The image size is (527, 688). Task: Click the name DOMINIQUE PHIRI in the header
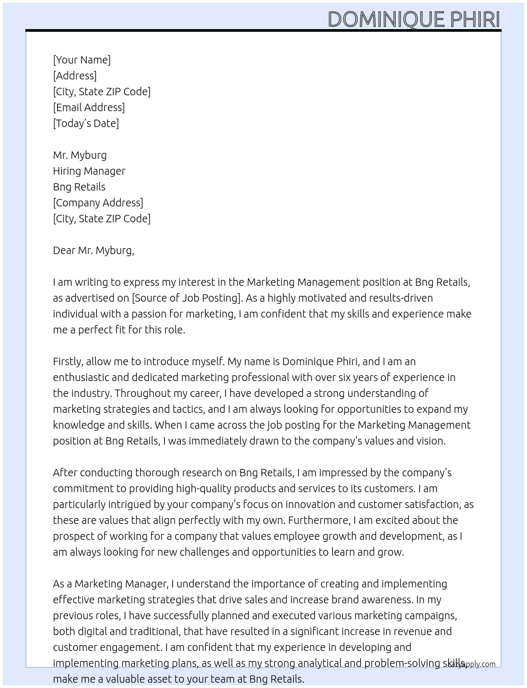point(414,19)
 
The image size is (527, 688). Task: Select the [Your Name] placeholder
point(82,60)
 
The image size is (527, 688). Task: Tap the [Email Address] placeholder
point(89,107)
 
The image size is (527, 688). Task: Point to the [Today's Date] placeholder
point(86,123)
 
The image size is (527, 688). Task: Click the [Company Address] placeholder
point(98,203)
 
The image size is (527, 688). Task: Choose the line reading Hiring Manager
point(89,171)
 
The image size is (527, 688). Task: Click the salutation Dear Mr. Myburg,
point(94,250)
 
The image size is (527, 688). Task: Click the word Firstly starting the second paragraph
point(68,361)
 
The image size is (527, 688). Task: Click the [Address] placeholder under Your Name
point(75,76)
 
